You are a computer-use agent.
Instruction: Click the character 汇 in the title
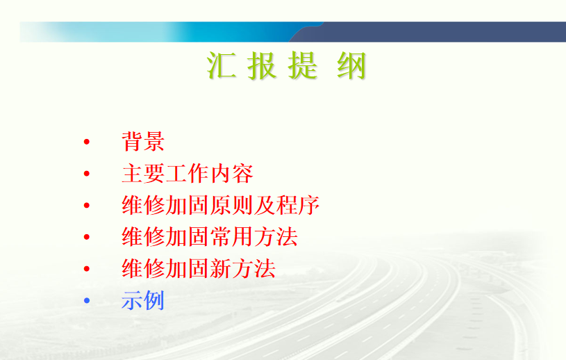point(222,65)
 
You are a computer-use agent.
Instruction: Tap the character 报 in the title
point(262,65)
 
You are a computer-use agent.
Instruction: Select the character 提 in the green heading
point(303,65)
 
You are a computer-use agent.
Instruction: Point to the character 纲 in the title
point(351,65)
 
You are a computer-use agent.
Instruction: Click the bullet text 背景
point(143,141)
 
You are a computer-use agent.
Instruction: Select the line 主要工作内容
point(188,173)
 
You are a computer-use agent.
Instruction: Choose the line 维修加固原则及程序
point(221,205)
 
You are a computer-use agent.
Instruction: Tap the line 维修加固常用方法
point(210,237)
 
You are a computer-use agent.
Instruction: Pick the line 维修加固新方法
point(199,269)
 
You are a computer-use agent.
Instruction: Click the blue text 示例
point(143,300)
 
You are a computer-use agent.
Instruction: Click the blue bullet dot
point(87,300)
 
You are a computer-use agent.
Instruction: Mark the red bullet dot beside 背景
point(87,142)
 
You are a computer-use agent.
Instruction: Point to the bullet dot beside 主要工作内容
point(87,174)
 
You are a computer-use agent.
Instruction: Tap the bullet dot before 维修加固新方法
point(87,269)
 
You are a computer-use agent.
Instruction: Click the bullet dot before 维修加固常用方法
point(87,237)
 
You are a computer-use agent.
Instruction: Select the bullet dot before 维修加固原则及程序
point(87,206)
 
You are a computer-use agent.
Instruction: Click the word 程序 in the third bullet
point(298,205)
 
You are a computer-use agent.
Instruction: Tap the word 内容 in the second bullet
point(232,173)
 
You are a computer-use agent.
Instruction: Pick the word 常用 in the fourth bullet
point(232,237)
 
